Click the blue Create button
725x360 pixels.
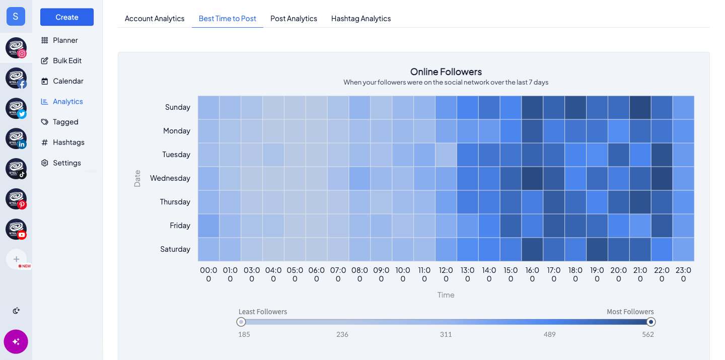(67, 17)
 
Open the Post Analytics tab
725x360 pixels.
(294, 19)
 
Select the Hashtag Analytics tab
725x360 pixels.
(361, 19)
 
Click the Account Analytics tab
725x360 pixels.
(155, 19)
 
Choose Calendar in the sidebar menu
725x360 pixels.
(68, 81)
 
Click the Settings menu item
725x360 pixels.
(66, 163)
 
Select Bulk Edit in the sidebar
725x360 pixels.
(67, 60)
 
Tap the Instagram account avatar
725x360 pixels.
(16, 48)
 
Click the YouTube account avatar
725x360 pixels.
(16, 229)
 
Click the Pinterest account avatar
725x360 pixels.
(16, 199)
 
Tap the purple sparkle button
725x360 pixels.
(16, 342)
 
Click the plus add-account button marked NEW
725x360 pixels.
(16, 259)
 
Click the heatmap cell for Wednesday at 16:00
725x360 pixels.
(532, 178)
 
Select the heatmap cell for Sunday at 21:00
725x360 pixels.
(640, 107)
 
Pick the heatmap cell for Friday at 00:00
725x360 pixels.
(208, 226)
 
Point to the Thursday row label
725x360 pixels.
(175, 202)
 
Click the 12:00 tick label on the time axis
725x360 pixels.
(446, 274)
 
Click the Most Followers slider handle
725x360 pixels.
(651, 322)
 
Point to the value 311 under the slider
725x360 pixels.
(446, 334)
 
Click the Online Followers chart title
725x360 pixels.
(446, 71)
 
